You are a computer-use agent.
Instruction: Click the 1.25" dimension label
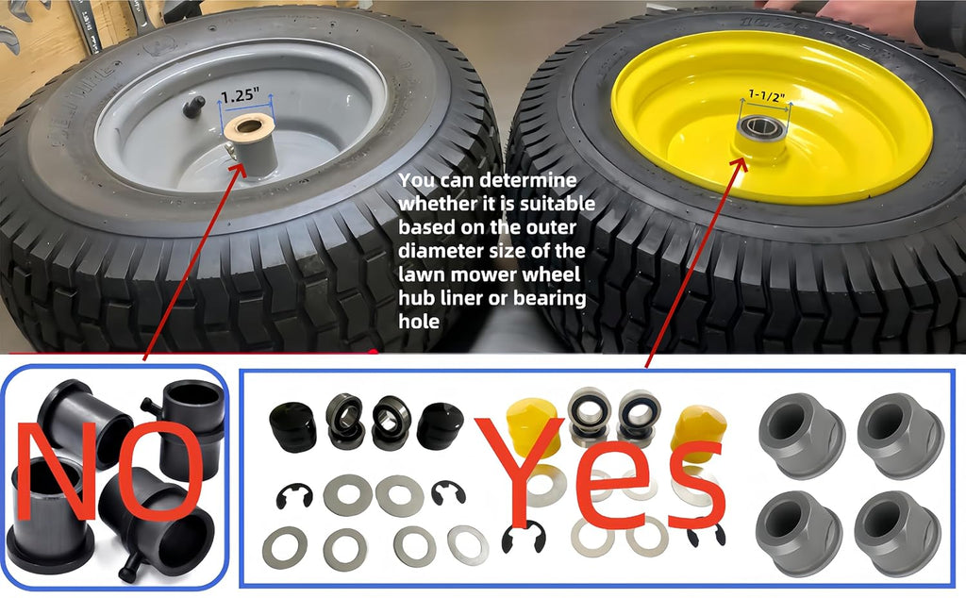pos(240,96)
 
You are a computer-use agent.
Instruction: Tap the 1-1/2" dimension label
pos(766,95)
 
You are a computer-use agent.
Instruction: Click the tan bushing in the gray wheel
pos(249,127)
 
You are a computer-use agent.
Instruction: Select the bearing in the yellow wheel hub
pos(762,127)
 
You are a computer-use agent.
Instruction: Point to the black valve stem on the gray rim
pos(193,107)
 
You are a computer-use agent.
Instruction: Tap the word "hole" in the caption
pos(419,321)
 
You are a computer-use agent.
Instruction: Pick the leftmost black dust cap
pos(293,426)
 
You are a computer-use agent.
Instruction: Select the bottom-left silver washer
pos(285,547)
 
